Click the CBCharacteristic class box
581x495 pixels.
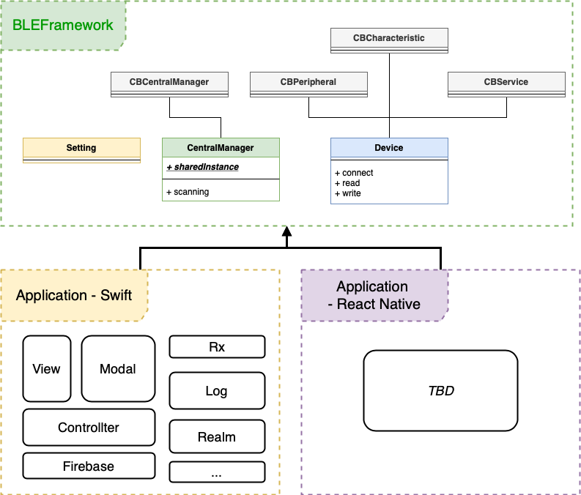[389, 40]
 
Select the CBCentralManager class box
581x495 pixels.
[169, 84]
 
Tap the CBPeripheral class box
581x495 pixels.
[308, 84]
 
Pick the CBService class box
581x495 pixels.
[506, 84]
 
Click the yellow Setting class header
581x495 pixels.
[81, 148]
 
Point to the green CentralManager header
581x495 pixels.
[221, 148]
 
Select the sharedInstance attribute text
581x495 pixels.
[202, 167]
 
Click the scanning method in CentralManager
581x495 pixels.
[188, 192]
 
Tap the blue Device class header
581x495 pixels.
[389, 148]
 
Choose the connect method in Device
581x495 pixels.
[354, 173]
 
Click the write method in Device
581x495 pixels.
[347, 193]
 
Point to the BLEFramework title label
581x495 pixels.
[63, 25]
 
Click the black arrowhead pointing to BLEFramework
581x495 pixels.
[286, 231]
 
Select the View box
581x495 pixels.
[47, 369]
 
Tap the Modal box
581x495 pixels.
[118, 369]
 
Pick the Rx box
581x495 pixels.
[217, 347]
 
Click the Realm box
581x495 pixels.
[217, 436]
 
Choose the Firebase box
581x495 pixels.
[89, 466]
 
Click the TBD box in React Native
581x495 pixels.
[440, 390]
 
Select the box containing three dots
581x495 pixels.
[217, 472]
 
